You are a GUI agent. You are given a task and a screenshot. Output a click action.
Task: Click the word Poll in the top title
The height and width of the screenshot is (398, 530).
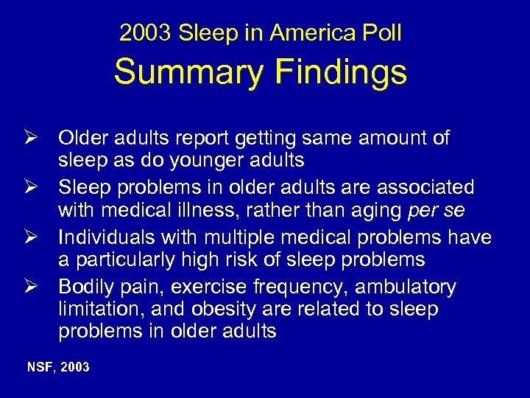point(381,33)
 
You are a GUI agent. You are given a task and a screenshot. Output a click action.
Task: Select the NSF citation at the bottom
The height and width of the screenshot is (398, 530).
point(58,366)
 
